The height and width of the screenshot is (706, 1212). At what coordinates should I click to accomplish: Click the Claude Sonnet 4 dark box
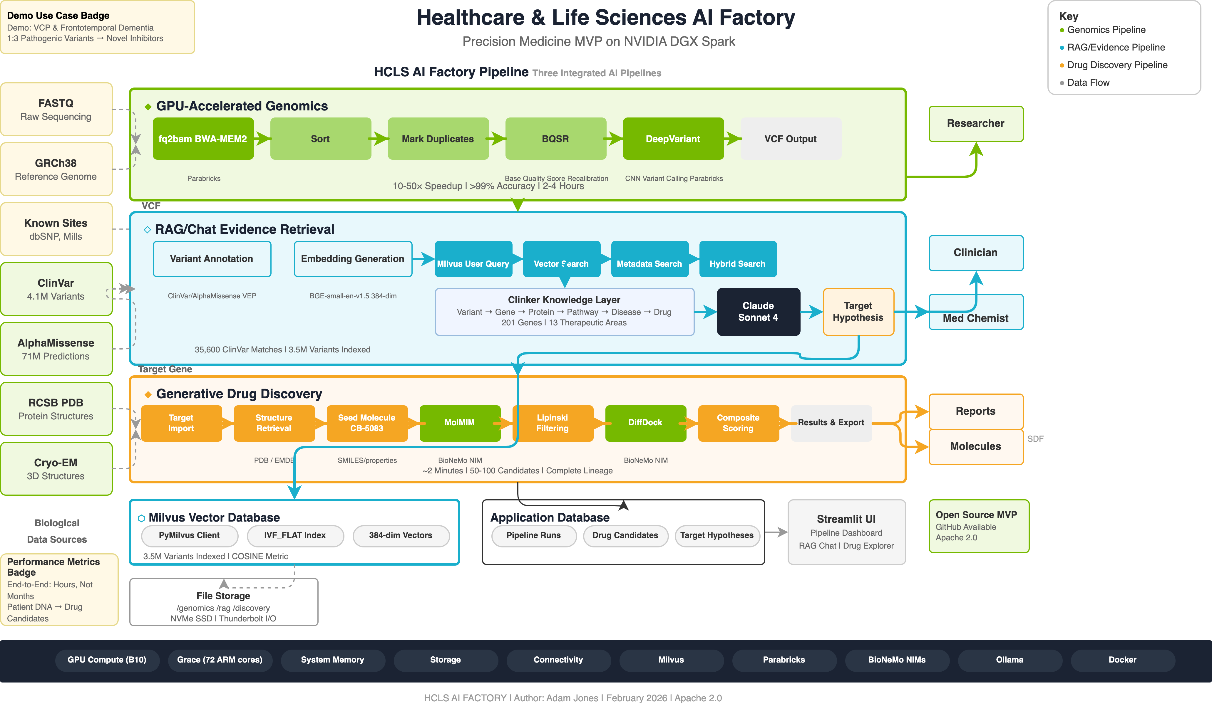click(x=758, y=311)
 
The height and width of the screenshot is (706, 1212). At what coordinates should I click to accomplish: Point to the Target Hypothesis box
click(x=858, y=311)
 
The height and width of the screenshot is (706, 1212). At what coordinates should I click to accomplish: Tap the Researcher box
click(x=975, y=124)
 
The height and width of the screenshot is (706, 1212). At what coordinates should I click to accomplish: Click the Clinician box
click(x=975, y=253)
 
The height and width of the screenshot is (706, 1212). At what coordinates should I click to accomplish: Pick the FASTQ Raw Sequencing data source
click(x=56, y=110)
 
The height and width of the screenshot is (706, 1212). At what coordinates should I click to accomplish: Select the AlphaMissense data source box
click(x=56, y=349)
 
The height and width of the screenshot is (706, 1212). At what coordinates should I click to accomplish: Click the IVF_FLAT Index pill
click(x=295, y=535)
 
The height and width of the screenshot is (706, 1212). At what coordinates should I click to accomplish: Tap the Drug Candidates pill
click(x=625, y=535)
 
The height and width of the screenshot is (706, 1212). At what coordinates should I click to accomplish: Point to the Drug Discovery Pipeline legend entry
click(x=1117, y=65)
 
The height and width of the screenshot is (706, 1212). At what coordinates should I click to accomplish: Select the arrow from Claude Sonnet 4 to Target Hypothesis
click(x=812, y=311)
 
